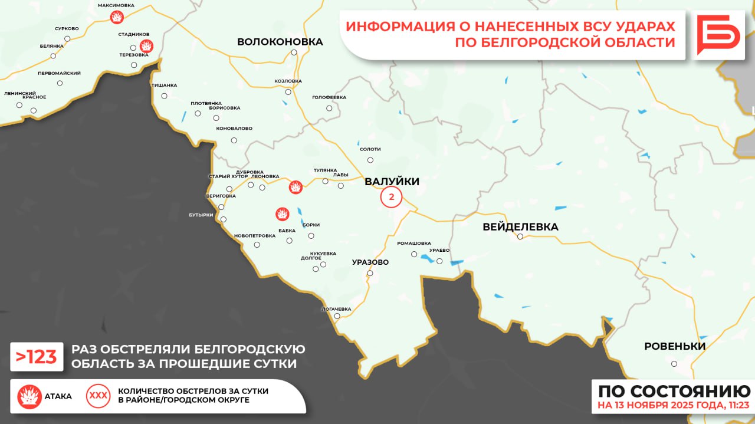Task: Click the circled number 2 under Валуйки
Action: coord(391,197)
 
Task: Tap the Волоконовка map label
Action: coord(280,42)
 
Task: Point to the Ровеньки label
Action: coord(674,347)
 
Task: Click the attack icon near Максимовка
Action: coord(117,18)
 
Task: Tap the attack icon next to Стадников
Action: coord(146,45)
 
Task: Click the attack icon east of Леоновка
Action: coord(295,188)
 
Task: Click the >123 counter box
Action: coord(37,357)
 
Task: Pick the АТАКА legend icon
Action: coord(29,396)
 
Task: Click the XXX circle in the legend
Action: coord(98,396)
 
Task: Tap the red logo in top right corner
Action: coord(718,35)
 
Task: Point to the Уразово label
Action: coord(370,262)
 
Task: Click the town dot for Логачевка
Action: coord(337,316)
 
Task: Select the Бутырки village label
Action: coord(201,215)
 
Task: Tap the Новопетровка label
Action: coord(254,235)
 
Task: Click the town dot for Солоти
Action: coord(370,160)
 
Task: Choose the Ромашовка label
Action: coord(413,243)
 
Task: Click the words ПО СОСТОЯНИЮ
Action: coord(674,391)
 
